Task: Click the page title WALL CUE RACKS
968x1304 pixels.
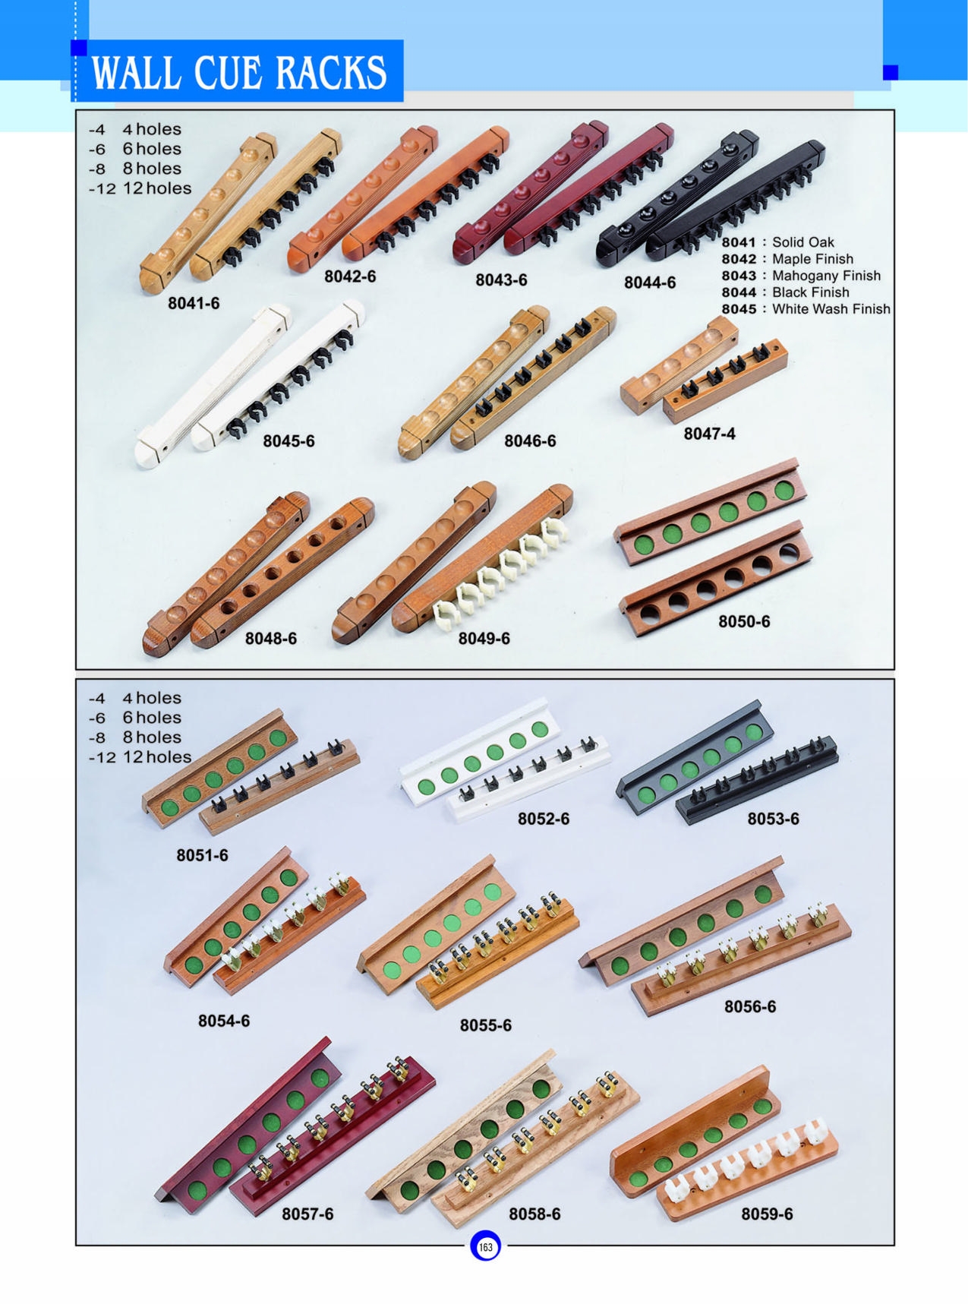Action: tap(238, 72)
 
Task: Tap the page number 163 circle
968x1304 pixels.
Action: tap(485, 1246)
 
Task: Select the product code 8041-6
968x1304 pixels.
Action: tap(194, 304)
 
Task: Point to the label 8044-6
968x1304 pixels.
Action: tap(650, 283)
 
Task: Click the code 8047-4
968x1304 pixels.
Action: tap(709, 434)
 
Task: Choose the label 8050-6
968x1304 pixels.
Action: tap(744, 621)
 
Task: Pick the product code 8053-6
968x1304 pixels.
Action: tap(773, 819)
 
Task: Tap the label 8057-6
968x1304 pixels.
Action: tap(307, 1214)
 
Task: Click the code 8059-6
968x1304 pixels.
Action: tap(767, 1214)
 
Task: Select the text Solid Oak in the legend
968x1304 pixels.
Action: tap(802, 242)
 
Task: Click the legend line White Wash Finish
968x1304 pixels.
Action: tap(831, 309)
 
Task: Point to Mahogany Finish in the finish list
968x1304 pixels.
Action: tap(826, 276)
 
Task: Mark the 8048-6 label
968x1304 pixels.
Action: tap(270, 639)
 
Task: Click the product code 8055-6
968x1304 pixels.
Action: tap(485, 1025)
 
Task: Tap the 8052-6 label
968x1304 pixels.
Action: tap(544, 819)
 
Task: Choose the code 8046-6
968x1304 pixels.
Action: tap(530, 440)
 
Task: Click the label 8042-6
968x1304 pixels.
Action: tap(350, 276)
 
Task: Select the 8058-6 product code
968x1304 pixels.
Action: tap(534, 1214)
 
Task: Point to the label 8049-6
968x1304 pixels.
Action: tap(484, 639)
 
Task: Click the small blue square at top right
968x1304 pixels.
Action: tap(891, 72)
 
